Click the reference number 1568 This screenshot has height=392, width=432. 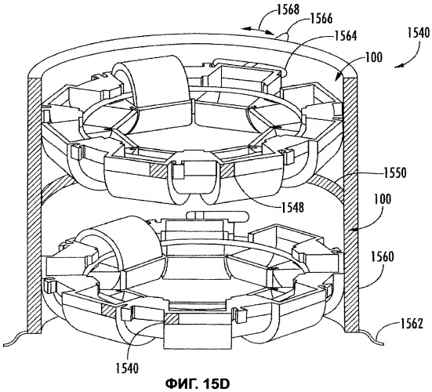point(289,9)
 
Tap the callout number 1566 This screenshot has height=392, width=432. point(321,19)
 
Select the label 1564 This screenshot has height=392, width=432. point(346,36)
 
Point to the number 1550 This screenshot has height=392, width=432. point(395,172)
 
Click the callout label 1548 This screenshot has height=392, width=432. point(292,207)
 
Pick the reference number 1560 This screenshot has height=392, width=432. point(383,256)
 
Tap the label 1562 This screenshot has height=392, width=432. point(412,324)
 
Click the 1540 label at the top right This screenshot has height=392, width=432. point(419,32)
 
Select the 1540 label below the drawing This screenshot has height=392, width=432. point(127,368)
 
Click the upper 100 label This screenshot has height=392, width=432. point(374,57)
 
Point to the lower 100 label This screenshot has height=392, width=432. point(383,199)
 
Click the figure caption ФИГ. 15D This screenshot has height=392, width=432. point(198,383)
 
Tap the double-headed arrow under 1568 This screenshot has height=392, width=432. point(258,30)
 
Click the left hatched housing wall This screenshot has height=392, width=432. point(34,205)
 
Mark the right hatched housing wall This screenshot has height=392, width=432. point(350,205)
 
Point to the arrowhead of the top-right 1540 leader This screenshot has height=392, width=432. point(397,67)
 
